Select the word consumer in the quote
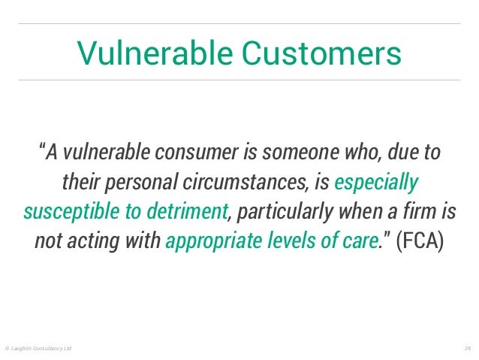point(196,152)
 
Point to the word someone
point(294,152)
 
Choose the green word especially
point(377,183)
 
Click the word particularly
point(282,213)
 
